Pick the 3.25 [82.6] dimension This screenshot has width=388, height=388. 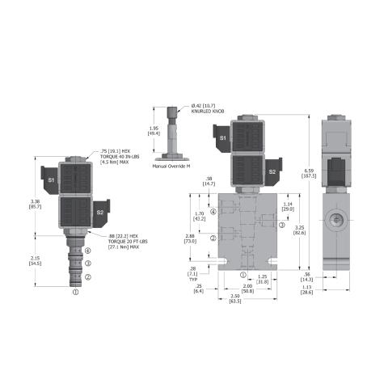(299, 231)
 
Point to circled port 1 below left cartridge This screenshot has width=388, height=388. (75, 293)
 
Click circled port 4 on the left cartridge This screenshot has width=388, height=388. (87, 251)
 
